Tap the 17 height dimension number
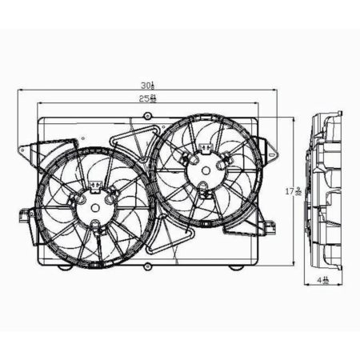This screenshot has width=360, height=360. (x=297, y=192)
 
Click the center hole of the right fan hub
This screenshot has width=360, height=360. (x=204, y=169)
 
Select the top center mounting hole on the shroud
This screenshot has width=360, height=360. (x=147, y=118)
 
